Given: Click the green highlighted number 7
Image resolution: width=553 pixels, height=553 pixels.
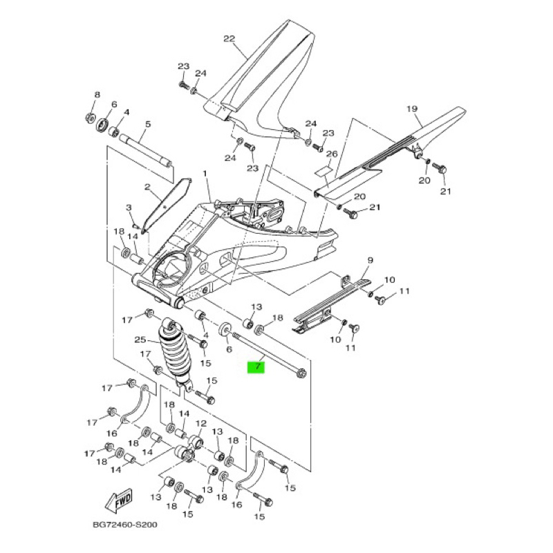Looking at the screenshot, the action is (x=256, y=367).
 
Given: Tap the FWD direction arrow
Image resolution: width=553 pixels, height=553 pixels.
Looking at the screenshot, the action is (x=119, y=500).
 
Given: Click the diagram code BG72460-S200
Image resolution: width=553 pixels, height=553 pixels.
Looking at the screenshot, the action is (x=125, y=525).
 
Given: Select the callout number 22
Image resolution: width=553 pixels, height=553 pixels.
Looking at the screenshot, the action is (x=229, y=39).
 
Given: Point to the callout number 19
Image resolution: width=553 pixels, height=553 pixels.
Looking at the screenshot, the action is (x=412, y=109).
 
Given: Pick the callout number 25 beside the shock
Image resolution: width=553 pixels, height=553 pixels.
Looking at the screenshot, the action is (x=140, y=340).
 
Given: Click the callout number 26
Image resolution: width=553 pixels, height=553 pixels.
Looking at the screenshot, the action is (x=332, y=153).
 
